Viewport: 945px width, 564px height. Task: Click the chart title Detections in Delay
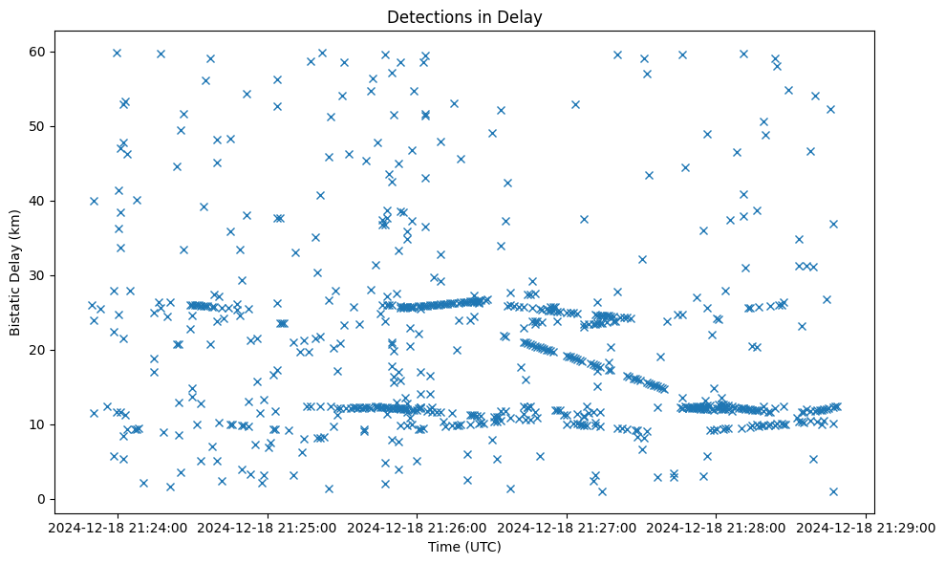[x=464, y=17]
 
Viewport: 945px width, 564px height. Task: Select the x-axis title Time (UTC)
[x=464, y=547]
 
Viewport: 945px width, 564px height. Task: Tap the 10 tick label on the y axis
[x=40, y=424]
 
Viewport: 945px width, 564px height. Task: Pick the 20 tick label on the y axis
[x=40, y=350]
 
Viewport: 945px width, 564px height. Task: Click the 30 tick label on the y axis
[x=40, y=275]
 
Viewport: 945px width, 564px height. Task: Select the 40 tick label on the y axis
[x=40, y=201]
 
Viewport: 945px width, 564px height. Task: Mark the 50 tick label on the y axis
[x=40, y=126]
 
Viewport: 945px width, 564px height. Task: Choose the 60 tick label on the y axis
[x=40, y=52]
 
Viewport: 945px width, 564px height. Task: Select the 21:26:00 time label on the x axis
[x=417, y=526]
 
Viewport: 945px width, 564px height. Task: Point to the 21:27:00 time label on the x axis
[x=567, y=526]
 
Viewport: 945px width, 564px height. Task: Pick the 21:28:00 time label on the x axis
[x=717, y=526]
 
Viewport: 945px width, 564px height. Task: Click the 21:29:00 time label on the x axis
[x=867, y=526]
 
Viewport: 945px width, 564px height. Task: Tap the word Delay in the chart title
[x=523, y=17]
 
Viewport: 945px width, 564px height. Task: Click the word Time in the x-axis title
[x=444, y=547]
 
